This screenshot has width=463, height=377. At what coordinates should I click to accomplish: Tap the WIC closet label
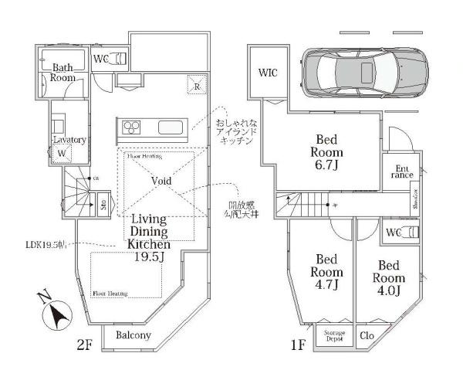pos(268,73)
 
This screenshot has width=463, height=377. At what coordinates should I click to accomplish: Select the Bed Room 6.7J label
pos(327,151)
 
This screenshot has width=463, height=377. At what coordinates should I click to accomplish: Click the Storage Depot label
pos(334,336)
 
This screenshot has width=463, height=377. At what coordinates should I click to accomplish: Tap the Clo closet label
pos(367,336)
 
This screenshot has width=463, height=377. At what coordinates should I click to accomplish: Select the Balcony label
pos(133,336)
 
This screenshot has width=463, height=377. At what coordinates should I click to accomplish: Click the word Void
pos(161,181)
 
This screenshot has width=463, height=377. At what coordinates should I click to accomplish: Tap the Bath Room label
pos(63,73)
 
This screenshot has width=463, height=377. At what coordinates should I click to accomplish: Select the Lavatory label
pos(69,140)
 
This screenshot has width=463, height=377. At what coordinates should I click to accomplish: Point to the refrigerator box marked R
pos(197,87)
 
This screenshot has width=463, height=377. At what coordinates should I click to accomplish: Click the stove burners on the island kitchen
pos(130,127)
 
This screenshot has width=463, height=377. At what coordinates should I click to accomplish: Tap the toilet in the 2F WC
pos(118,59)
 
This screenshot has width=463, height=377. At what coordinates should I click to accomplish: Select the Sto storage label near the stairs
pos(103,205)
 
